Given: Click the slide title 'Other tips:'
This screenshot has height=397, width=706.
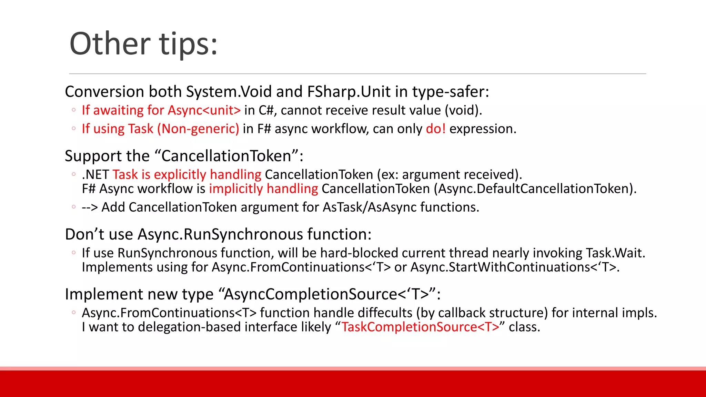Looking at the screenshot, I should [143, 44].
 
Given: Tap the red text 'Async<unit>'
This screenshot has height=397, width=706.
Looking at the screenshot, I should [204, 110].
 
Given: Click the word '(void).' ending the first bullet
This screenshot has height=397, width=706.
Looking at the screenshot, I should [463, 110].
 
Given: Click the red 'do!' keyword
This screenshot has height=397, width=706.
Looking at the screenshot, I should [436, 129].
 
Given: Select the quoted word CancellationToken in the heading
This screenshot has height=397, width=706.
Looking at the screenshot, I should [227, 156].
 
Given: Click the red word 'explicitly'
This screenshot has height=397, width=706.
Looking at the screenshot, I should [180, 175].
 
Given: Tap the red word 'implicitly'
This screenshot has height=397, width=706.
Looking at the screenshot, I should [236, 189].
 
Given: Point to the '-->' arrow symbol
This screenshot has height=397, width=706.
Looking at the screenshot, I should [90, 207].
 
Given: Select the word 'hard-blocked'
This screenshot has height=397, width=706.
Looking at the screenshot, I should [359, 253].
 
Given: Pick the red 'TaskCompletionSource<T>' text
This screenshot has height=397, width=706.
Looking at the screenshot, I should [420, 327].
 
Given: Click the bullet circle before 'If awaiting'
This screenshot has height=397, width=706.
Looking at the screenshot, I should [73, 110].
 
